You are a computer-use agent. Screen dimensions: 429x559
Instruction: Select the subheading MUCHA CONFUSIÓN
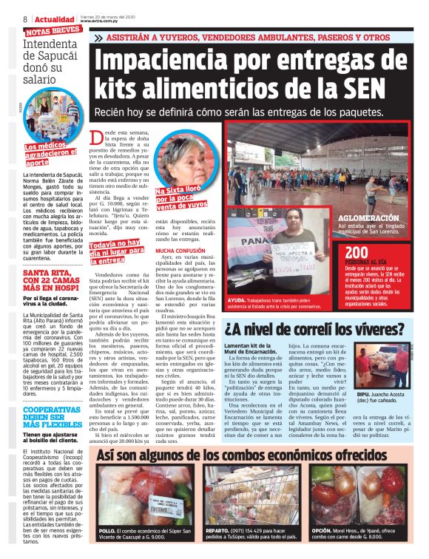pos(181,251)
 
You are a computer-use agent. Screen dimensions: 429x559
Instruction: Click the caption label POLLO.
pos(107,529)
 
